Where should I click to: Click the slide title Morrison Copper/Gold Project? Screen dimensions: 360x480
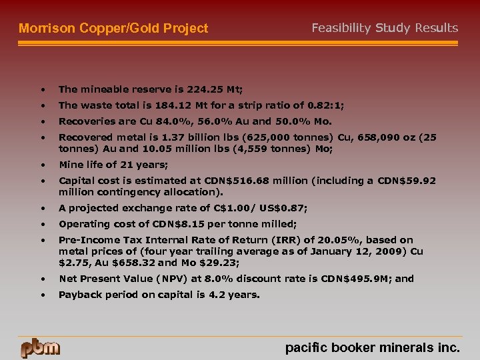pos(113,29)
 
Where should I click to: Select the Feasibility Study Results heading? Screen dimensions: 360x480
pos(385,28)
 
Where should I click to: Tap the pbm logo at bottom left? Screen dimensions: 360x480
pos(40,347)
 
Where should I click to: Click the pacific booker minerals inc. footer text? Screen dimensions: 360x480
pos(372,347)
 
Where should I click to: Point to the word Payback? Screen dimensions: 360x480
pos(79,294)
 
